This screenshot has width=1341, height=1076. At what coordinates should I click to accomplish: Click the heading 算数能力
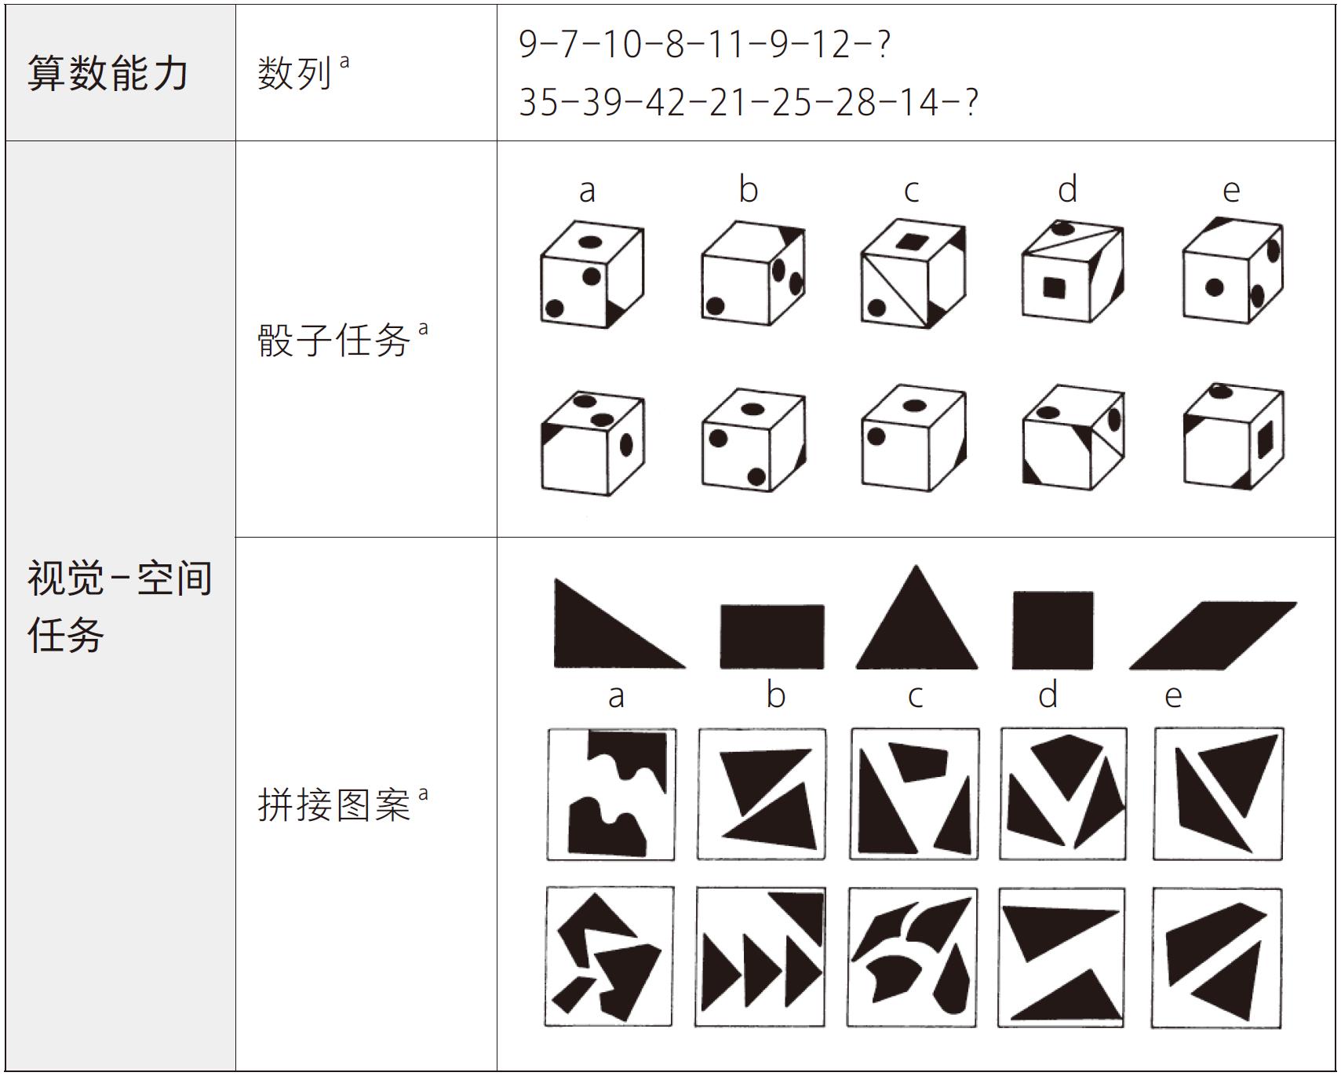108,74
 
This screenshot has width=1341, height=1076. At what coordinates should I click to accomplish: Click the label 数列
295,74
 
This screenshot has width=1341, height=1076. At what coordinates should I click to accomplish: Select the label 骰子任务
334,341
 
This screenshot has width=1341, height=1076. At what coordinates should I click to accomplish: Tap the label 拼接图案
334,805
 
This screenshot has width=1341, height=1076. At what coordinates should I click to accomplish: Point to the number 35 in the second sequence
538,102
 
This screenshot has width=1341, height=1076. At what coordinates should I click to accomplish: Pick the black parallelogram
1213,636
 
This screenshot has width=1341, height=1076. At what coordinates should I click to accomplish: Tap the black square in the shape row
1053,630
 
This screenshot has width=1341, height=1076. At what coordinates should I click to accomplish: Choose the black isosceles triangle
916,617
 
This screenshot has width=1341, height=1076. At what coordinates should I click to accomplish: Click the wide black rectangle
772,636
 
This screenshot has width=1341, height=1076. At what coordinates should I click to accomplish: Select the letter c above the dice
911,191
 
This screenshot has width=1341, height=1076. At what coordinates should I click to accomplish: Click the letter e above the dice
1231,191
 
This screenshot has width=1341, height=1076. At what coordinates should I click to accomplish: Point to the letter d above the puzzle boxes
1048,694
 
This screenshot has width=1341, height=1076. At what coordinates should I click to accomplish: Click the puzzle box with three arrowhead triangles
760,957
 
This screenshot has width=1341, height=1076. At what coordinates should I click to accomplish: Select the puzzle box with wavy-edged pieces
611,794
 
